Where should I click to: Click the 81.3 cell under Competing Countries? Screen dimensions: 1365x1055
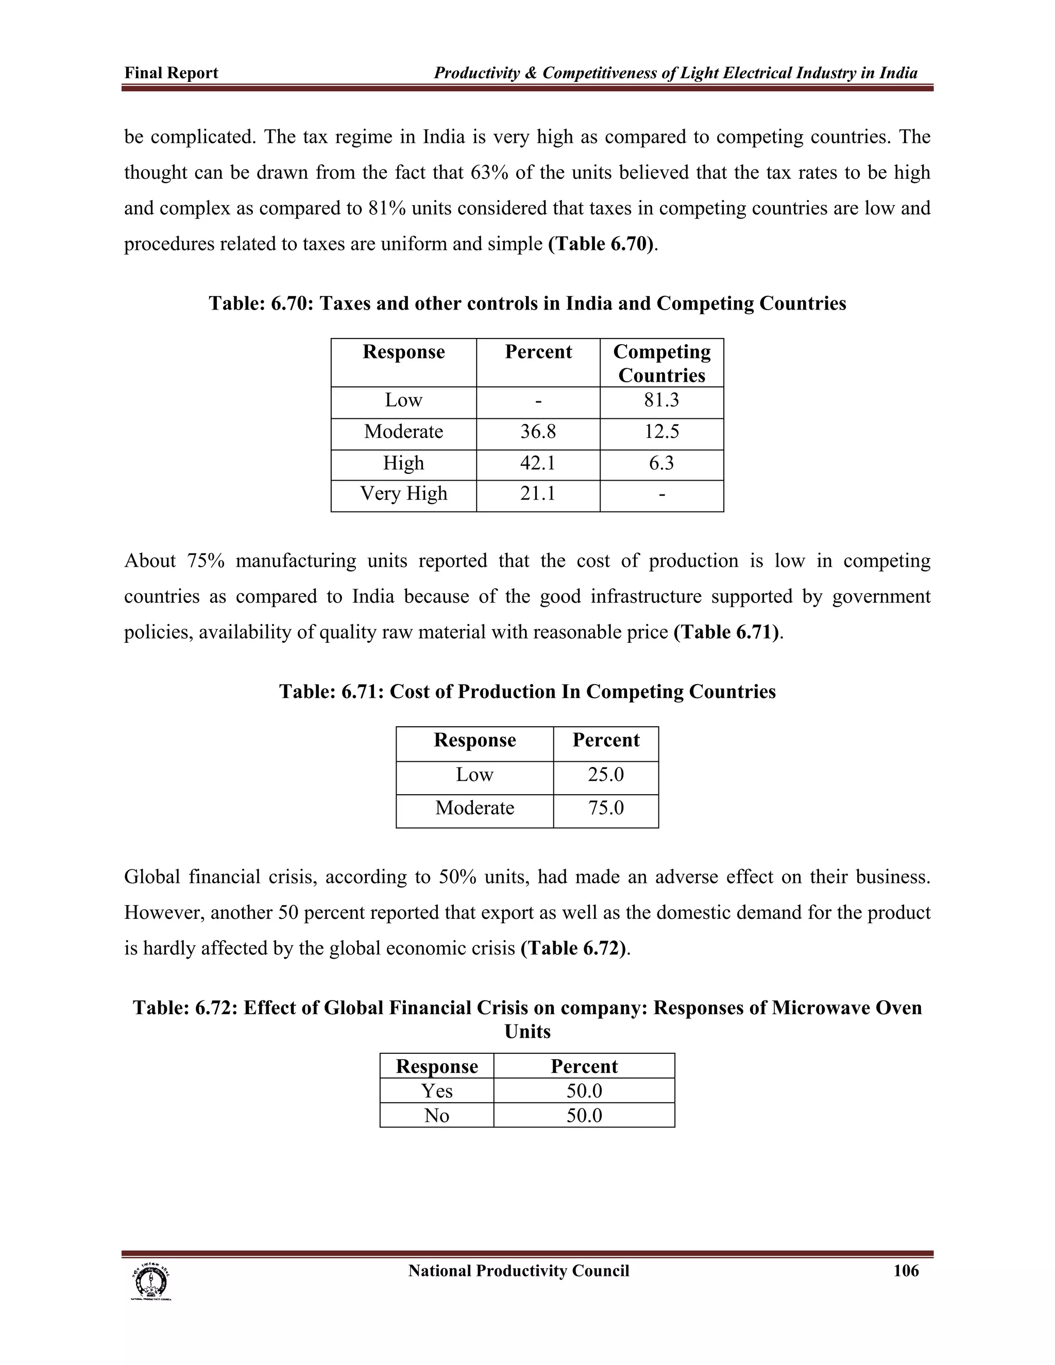[x=661, y=400]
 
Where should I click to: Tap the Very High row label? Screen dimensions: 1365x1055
[x=404, y=494]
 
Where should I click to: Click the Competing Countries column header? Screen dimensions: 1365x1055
[x=661, y=363]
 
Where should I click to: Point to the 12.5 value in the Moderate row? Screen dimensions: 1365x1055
[x=661, y=432]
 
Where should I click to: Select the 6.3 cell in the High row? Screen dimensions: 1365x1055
[x=661, y=463]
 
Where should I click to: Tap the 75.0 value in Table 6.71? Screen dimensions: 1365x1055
[x=606, y=808]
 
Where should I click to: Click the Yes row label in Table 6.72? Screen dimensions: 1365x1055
[x=436, y=1090]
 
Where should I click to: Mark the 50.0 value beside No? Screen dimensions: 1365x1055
[x=584, y=1116]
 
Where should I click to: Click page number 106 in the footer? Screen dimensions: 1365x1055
[x=906, y=1271]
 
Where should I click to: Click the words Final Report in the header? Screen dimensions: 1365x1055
[x=171, y=73]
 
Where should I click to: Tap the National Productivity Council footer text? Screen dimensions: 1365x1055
[x=519, y=1271]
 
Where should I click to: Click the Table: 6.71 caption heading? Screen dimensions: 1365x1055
[x=527, y=692]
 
